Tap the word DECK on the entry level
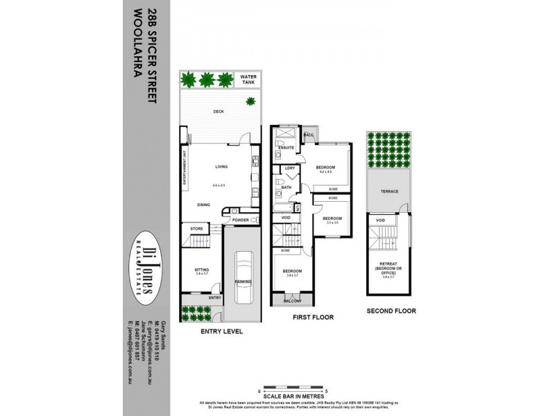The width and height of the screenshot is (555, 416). [x=219, y=112]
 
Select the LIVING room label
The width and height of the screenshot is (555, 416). [x=221, y=167]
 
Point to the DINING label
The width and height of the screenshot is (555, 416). [x=203, y=205]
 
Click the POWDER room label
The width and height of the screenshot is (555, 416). [x=241, y=220]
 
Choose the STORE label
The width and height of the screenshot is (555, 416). [x=196, y=228]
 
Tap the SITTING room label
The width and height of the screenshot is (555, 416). [x=202, y=269]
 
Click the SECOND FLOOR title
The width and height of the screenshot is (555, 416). [x=392, y=311]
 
